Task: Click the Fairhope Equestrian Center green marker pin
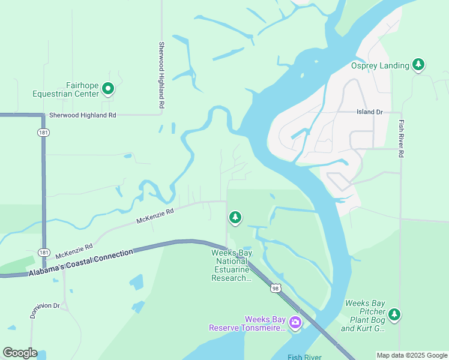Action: click(x=108, y=89)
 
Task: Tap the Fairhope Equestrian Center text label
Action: click(x=66, y=89)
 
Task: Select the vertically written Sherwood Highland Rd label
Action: click(x=161, y=75)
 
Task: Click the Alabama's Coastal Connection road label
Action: click(x=81, y=263)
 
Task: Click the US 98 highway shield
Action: click(x=275, y=289)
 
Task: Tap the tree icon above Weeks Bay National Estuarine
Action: click(x=235, y=217)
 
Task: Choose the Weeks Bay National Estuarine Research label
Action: click(x=231, y=265)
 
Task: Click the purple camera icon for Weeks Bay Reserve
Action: click(x=295, y=323)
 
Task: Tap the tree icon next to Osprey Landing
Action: click(x=418, y=65)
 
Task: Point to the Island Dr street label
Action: click(x=369, y=112)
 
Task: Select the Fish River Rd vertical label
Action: click(x=401, y=138)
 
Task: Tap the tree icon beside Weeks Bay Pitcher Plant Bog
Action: click(x=394, y=314)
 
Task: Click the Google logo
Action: click(x=20, y=353)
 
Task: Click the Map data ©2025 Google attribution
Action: click(x=412, y=355)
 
